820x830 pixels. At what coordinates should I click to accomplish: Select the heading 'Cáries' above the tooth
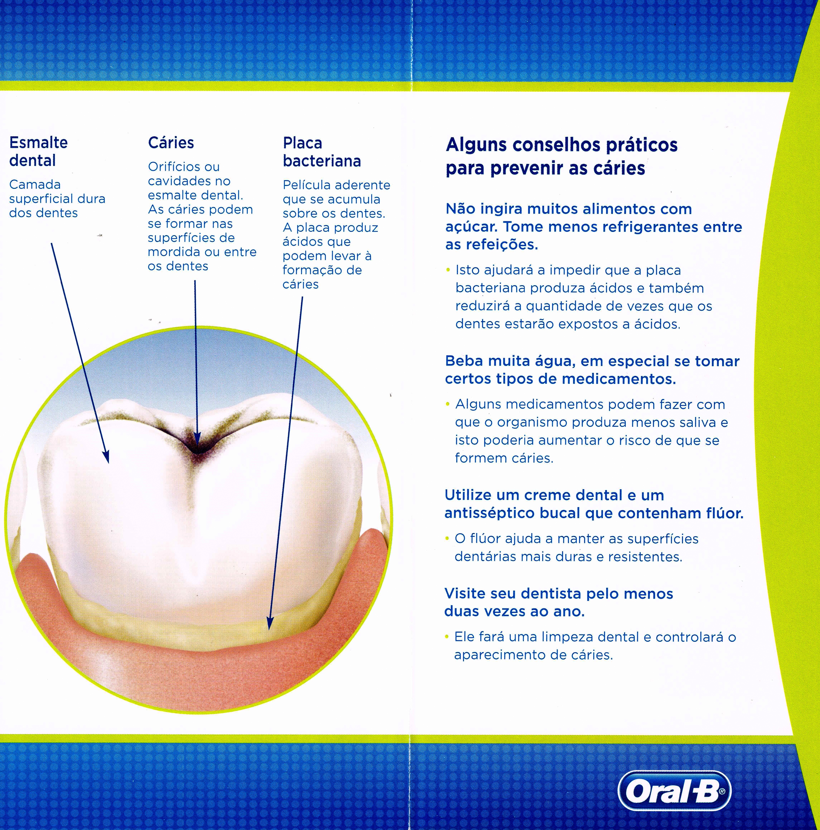point(171,143)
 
